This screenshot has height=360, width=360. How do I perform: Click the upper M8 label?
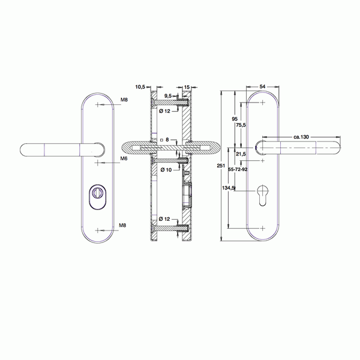[124, 100]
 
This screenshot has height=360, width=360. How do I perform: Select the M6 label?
[124, 158]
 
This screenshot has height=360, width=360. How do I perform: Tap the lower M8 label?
[122, 225]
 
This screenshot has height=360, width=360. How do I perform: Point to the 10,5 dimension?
[141, 87]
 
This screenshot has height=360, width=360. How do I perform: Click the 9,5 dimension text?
[169, 96]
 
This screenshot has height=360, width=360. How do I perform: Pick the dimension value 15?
[187, 87]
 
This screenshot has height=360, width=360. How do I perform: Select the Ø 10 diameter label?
[164, 170]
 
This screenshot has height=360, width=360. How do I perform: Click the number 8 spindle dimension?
[167, 139]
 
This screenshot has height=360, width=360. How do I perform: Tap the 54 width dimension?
[263, 86]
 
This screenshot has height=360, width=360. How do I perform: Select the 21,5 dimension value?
[241, 154]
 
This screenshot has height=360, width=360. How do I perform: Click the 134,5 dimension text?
[229, 188]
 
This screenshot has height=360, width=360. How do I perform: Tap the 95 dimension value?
[235, 119]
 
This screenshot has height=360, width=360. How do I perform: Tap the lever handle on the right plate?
[300, 146]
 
